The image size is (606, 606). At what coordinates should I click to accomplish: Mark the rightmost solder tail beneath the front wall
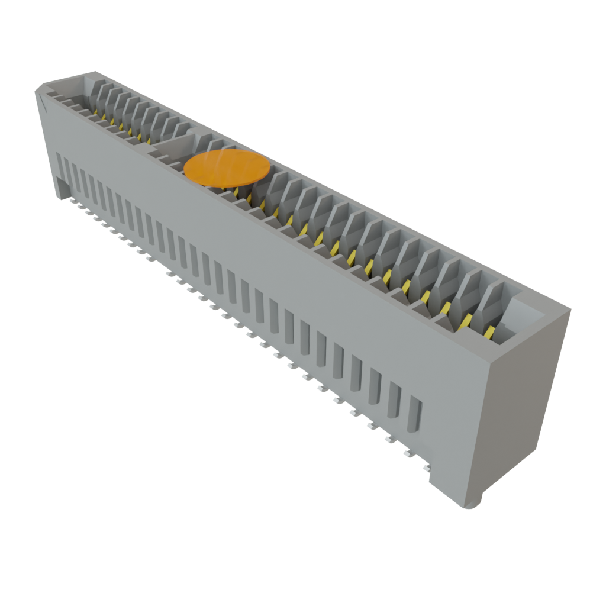tap(425, 469)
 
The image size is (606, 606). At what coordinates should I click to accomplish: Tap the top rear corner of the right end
tap(569, 310)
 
